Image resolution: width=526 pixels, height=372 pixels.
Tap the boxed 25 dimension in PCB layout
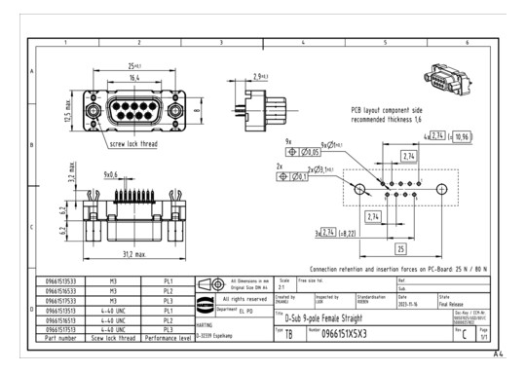401,249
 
